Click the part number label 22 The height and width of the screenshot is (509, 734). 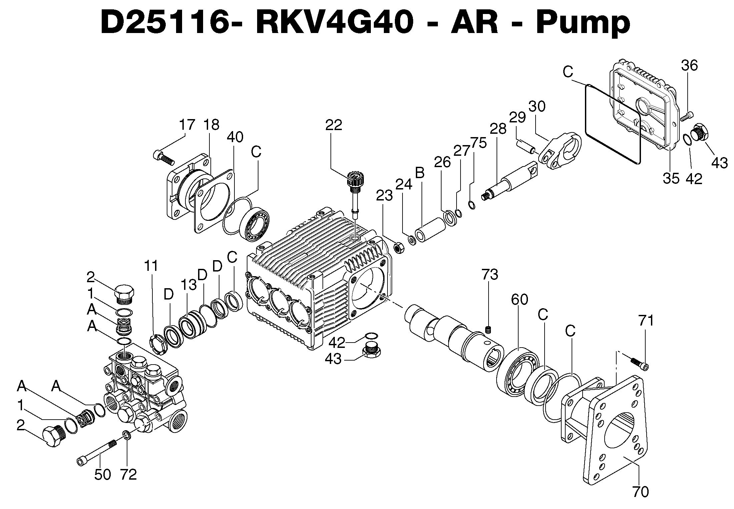(333, 125)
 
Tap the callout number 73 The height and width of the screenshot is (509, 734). (490, 275)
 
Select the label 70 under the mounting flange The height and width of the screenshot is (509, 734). (640, 492)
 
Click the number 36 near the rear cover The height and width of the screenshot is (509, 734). (689, 66)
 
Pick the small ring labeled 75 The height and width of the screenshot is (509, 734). (472, 205)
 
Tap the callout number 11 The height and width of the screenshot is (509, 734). (151, 266)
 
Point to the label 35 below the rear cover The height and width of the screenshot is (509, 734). (671, 178)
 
